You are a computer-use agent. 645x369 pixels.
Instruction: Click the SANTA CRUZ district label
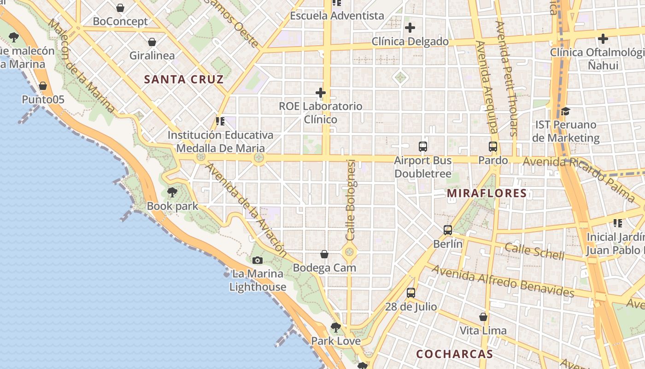(184, 79)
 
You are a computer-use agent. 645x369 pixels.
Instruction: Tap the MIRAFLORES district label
(487, 193)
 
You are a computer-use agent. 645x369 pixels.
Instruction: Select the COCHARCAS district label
(454, 354)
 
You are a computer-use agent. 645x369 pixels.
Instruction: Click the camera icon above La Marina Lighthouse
(258, 261)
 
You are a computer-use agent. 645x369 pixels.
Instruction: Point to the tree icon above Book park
(172, 192)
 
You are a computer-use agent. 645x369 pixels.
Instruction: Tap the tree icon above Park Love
(336, 327)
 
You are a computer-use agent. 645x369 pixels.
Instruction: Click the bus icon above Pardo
(493, 147)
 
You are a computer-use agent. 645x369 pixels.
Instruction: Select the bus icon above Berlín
(447, 230)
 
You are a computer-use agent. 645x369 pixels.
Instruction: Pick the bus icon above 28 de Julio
(410, 293)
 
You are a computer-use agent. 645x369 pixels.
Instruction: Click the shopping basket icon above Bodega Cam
(324, 254)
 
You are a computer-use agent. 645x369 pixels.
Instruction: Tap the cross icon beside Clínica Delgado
(410, 28)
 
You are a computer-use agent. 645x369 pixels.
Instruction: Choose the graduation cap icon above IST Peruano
(565, 111)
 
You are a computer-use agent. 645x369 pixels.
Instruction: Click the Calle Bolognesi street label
(351, 200)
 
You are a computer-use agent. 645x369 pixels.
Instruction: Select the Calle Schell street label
(534, 251)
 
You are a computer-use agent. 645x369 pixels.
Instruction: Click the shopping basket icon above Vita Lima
(483, 317)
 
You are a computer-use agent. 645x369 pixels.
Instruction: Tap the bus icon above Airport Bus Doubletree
(423, 147)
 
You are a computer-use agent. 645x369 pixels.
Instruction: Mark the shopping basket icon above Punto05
(43, 86)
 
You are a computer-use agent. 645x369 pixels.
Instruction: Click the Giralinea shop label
(152, 56)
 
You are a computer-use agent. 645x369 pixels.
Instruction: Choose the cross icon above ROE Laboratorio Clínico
(321, 93)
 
